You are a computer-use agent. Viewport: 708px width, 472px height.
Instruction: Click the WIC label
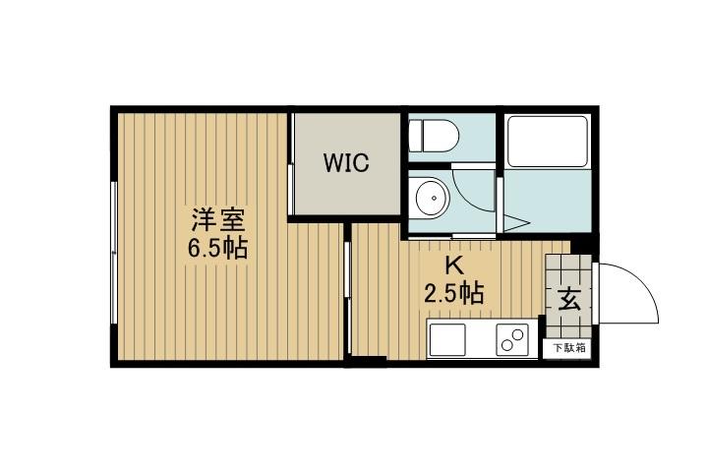coord(346,163)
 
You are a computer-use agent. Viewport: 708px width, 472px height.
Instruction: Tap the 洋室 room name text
coord(217,219)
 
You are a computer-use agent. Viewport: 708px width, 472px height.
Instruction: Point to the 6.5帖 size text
coord(217,248)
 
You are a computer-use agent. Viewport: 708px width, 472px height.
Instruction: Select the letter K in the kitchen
coord(453,265)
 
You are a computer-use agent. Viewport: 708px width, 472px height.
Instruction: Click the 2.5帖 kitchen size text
coord(453,292)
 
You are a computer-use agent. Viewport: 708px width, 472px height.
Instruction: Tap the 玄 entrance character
coord(569,299)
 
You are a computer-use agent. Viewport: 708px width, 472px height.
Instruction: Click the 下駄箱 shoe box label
coord(567,347)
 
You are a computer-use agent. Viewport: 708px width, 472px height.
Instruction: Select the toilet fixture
coord(429,134)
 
